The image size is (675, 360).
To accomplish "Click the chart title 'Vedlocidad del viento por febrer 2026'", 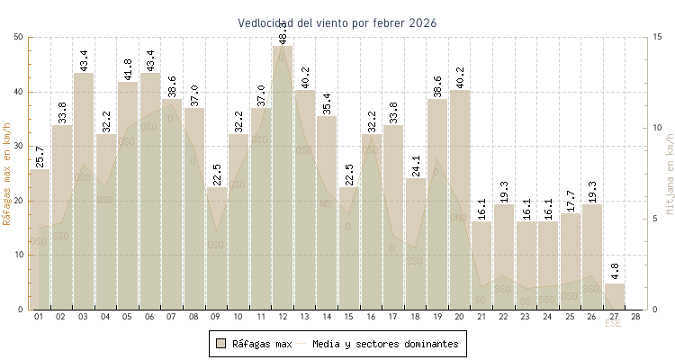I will pyautogui.click(x=337, y=22).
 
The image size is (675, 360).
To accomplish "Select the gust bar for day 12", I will pyautogui.click(x=283, y=180).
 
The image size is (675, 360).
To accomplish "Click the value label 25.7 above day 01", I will pyautogui.click(x=40, y=154).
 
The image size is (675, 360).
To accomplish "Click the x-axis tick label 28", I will pyautogui.click(x=635, y=317).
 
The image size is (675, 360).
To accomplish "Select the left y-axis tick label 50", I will pyautogui.click(x=19, y=37).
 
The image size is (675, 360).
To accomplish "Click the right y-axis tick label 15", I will pyautogui.click(x=659, y=37).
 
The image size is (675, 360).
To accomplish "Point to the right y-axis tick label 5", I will pyautogui.click(x=656, y=219).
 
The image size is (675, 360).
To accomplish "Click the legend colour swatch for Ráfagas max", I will pyautogui.click(x=220, y=343).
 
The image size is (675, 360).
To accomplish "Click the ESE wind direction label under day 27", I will pyautogui.click(x=613, y=324).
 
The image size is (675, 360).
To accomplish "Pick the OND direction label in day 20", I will pyautogui.click(x=458, y=218).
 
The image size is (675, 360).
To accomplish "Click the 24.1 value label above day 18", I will pyautogui.click(x=415, y=166).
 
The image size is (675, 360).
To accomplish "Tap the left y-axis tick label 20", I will pyautogui.click(x=19, y=201).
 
